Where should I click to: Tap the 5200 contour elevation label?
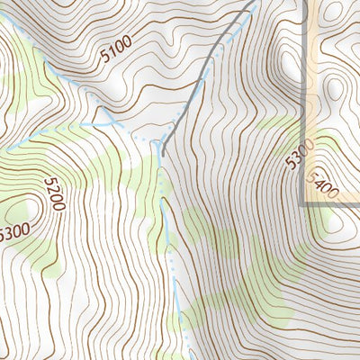click(53, 193)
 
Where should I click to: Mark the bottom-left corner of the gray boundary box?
click(302, 204)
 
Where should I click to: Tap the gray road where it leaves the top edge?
click(247, 2)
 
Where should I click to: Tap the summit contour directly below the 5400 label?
click(330, 220)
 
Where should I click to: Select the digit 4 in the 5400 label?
click(319, 184)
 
